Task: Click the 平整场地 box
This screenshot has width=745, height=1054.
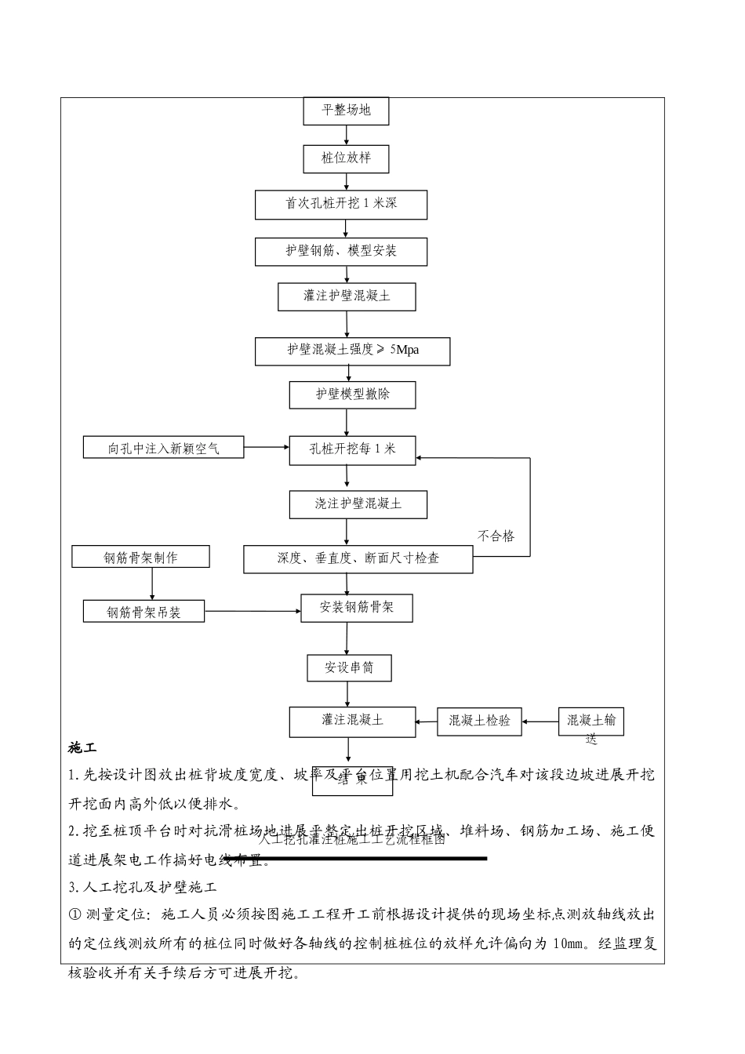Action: [x=346, y=111]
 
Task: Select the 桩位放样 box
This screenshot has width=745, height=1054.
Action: [x=346, y=158]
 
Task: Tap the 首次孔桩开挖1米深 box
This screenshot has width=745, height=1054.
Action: [x=341, y=204]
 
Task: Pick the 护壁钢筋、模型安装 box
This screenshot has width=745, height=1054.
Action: [x=341, y=252]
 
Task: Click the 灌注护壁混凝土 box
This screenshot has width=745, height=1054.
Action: [x=347, y=296]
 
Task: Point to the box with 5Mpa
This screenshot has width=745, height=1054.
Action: [x=352, y=351]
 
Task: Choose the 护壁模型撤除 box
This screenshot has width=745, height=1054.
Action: [x=352, y=394]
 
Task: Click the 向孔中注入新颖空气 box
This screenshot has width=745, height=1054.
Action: [x=164, y=449]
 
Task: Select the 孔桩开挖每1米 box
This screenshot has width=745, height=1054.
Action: [x=352, y=449]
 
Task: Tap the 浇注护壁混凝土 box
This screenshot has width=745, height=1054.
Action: [x=358, y=504]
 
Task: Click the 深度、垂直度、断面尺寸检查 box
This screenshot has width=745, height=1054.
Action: [x=358, y=559]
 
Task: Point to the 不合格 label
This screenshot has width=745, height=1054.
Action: [x=496, y=536]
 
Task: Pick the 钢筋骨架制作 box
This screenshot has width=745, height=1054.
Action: [x=140, y=558]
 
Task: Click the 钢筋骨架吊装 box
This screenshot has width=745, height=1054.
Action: [x=144, y=612]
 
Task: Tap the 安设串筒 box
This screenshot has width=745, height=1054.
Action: [x=349, y=668]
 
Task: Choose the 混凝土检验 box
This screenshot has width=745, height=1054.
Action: [x=479, y=721]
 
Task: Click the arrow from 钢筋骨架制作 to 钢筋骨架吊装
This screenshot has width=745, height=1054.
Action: [x=152, y=583]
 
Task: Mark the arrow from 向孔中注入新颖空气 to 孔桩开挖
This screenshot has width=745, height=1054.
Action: [x=267, y=448]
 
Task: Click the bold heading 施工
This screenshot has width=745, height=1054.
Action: [x=82, y=747]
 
